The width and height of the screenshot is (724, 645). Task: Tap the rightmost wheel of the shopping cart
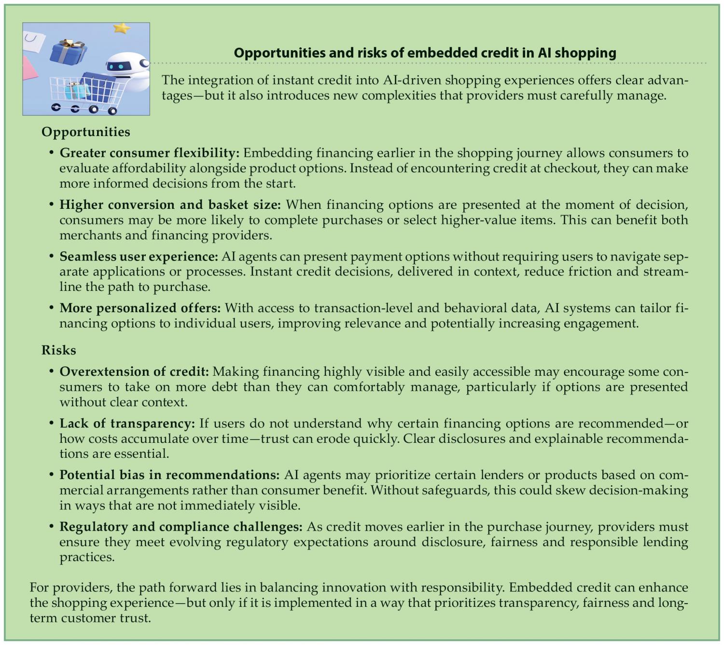pos(112,110)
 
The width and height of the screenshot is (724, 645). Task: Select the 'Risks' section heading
pos(58,350)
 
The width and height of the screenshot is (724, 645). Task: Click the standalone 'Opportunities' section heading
pos(85,132)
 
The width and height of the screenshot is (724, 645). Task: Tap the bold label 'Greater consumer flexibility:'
pos(149,153)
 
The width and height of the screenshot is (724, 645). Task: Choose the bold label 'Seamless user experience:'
pos(139,256)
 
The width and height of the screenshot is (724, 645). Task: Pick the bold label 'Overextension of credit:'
pos(134,371)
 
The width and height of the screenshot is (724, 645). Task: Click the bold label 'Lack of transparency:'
pos(127,423)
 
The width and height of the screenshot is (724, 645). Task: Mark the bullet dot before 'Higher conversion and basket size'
pos(51,205)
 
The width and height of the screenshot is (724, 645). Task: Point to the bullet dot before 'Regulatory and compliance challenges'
pos(51,526)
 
